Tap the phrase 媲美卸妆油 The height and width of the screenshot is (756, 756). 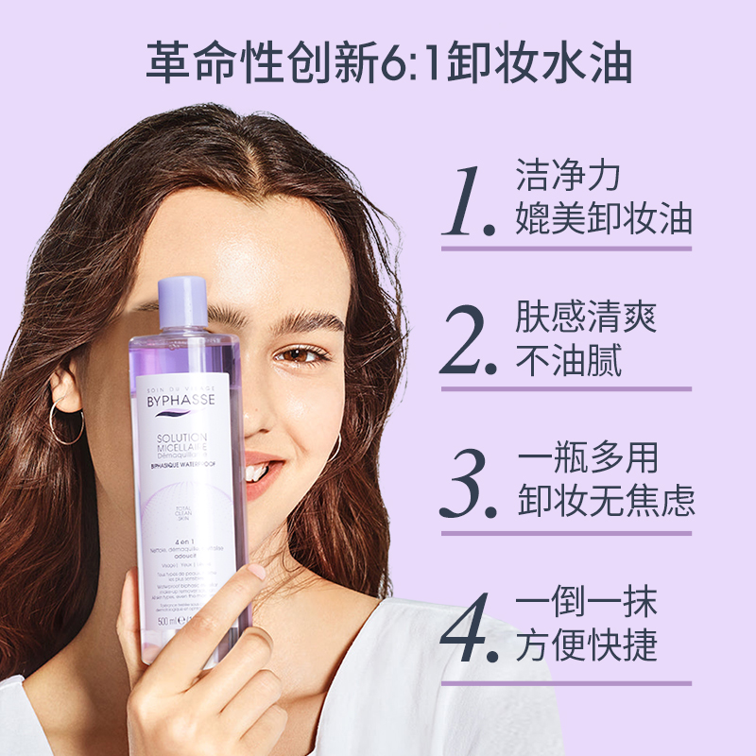tap(605, 219)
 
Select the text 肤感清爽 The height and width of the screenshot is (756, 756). tap(587, 317)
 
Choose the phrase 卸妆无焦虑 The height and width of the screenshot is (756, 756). tap(606, 502)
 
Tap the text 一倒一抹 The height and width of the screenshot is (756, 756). tap(587, 603)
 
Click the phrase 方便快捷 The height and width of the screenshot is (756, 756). tap(587, 647)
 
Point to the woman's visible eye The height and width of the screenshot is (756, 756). tap(301, 356)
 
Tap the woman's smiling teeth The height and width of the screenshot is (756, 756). tap(256, 469)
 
